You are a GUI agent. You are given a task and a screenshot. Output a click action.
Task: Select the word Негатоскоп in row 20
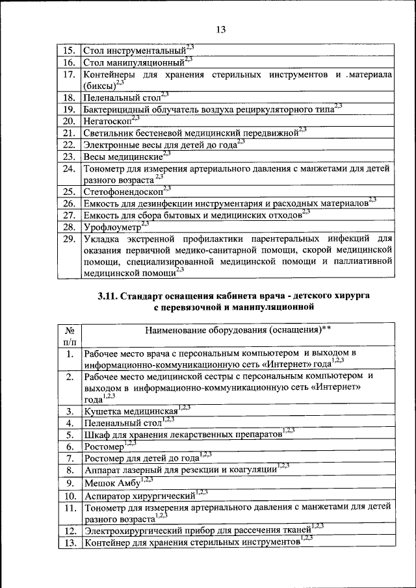(107, 121)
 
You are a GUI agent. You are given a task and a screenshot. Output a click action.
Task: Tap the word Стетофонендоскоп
(123, 192)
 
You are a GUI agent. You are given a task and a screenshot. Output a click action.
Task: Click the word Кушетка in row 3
(103, 411)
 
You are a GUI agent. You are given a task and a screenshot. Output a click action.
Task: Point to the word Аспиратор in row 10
(109, 496)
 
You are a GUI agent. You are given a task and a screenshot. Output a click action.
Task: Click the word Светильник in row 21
(112, 133)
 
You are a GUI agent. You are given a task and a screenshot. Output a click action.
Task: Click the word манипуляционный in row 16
(146, 63)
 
